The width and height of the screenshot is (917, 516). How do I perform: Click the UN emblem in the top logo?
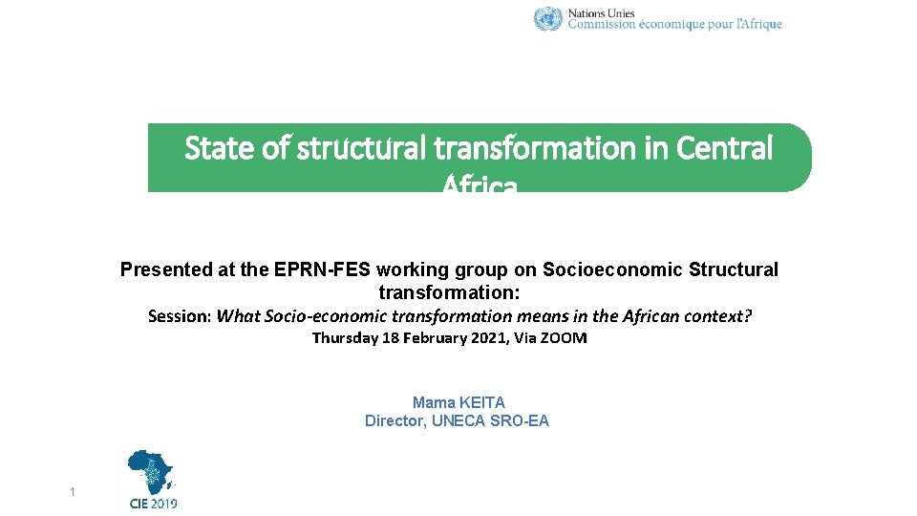[x=548, y=19]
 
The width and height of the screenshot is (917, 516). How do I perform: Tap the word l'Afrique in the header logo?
[x=759, y=25]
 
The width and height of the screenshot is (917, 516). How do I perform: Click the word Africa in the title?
[x=480, y=184]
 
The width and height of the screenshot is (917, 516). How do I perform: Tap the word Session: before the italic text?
[x=181, y=316]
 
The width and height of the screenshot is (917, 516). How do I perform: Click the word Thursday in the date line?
[x=345, y=338]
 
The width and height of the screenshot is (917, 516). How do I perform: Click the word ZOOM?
[x=565, y=338]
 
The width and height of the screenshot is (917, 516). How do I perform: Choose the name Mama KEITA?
[x=458, y=403]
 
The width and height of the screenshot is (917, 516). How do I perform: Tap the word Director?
[x=395, y=421]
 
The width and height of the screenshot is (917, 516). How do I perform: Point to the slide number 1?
[x=72, y=492]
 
